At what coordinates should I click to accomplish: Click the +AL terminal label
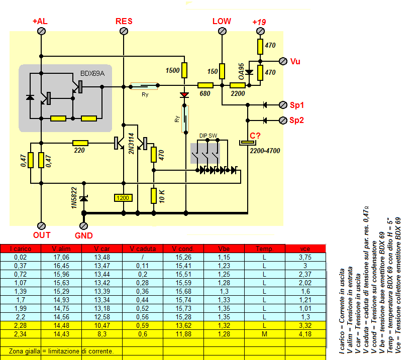pyautogui.click(x=41, y=22)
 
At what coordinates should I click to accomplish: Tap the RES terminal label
pyautogui.click(x=124, y=21)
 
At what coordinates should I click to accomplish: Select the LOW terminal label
pyautogui.click(x=222, y=21)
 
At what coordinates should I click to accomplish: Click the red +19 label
pyautogui.click(x=259, y=22)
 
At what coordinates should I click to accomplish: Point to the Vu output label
pyautogui.click(x=295, y=61)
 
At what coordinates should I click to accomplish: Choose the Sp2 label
pyautogui.click(x=297, y=121)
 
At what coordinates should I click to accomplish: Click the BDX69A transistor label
pyautogui.click(x=92, y=73)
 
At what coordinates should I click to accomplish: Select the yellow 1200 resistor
pyautogui.click(x=124, y=198)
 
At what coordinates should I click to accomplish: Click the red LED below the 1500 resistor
pyautogui.click(x=184, y=94)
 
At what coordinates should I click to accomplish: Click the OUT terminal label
pyautogui.click(x=42, y=235)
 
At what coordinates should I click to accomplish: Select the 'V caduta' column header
pyautogui.click(x=143, y=248)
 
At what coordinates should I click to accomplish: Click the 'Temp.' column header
pyautogui.click(x=264, y=248)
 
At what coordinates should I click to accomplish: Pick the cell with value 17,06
pyautogui.click(x=61, y=257)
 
